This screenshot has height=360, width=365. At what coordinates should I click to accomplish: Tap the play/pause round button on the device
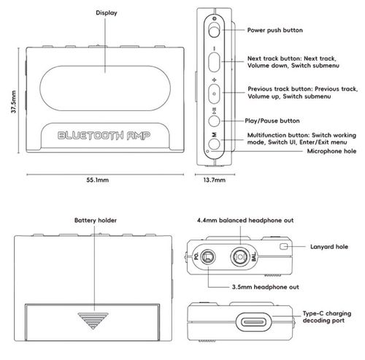pos(214,121)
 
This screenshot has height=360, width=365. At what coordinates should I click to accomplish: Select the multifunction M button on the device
pos(214,144)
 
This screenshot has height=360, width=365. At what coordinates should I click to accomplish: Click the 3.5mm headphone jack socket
pos(207,257)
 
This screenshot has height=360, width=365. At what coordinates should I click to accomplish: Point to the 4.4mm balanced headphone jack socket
pos(240,257)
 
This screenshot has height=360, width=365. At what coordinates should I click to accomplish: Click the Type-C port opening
pos(254,322)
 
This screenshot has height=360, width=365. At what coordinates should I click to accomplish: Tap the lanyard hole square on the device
pos(283,247)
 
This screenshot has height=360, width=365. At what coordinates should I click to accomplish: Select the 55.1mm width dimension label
pos(98,180)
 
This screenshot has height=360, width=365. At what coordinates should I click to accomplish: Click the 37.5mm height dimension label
pos(14,102)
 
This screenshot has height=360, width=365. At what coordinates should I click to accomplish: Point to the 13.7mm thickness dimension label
pos(215,180)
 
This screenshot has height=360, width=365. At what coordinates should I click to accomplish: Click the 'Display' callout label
pos(107,13)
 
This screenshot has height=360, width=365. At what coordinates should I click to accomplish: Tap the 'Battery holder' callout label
pos(96,221)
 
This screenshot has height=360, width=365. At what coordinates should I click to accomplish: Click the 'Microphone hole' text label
pos(331,151)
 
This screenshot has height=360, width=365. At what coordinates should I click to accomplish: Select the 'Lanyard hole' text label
pos(329,247)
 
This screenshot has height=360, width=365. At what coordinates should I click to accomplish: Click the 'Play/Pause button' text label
pos(272,121)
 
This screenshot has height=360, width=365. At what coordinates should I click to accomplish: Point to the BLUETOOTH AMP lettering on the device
pos(104,136)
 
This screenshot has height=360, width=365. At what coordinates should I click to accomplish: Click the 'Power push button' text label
pos(275,30)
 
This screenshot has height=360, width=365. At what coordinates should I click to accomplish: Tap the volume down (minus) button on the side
pos(214,62)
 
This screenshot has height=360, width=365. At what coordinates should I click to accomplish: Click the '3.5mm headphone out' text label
pos(266,287)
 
